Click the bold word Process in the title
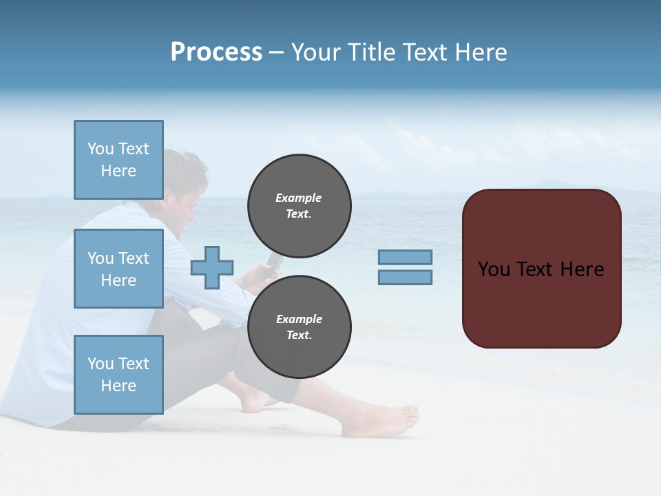pos(216,52)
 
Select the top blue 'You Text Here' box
pos(118,160)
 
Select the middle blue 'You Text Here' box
pos(118,269)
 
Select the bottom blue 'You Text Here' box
pos(118,374)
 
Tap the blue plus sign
pos(212,267)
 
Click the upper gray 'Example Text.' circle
pos(299,205)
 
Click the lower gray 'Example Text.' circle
pos(299,327)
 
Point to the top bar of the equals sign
pos(405,257)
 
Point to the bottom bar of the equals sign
pos(405,277)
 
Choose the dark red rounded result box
pos(541,268)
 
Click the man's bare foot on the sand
pos(382,421)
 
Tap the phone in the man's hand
pos(273,262)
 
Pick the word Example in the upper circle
pos(299,198)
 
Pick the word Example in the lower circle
pos(299,319)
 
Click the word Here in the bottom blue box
pos(118,386)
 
